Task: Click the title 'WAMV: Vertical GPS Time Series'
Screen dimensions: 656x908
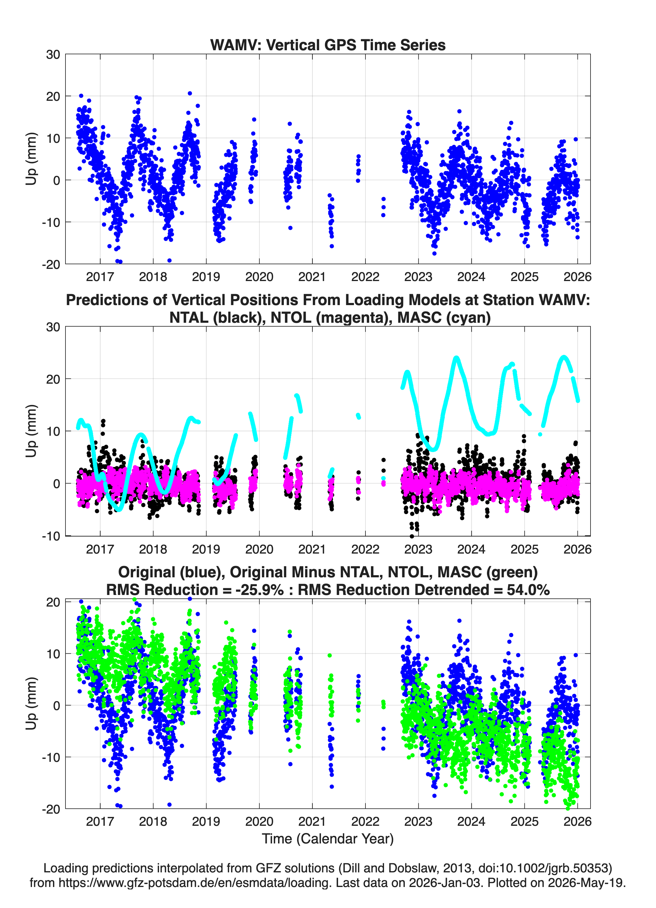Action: (x=328, y=45)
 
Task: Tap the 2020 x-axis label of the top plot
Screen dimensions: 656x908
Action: (x=259, y=277)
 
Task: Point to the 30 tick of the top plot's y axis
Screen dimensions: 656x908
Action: (x=53, y=55)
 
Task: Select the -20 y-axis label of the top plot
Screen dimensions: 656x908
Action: (x=51, y=264)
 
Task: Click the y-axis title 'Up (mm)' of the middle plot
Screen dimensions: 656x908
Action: (x=31, y=431)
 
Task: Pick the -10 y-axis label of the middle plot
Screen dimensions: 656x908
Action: (x=51, y=536)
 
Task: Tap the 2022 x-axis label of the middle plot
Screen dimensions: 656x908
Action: (x=365, y=549)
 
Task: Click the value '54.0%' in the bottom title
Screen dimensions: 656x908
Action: (x=528, y=590)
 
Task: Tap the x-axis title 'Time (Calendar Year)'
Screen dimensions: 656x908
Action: (x=328, y=839)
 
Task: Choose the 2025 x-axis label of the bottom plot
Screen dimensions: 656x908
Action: (x=524, y=822)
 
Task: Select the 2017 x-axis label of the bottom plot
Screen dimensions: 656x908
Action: (x=100, y=822)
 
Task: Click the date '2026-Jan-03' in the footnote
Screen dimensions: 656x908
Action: (x=445, y=882)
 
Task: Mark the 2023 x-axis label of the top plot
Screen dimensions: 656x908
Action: (x=418, y=277)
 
